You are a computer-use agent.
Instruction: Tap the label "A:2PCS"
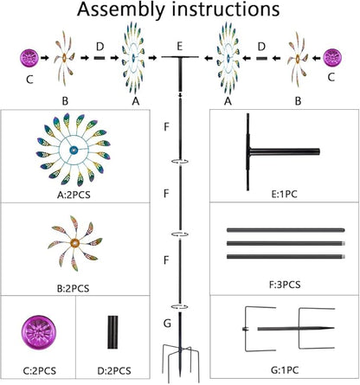[74, 195]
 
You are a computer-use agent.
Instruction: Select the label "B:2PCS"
[73, 288]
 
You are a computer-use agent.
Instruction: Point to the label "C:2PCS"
[39, 370]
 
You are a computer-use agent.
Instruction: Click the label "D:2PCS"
[114, 370]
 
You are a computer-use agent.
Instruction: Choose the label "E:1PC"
[285, 194]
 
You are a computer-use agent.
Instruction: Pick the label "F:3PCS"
[285, 285]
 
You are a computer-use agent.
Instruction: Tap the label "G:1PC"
[285, 369]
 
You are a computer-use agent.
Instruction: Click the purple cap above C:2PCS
[38, 332]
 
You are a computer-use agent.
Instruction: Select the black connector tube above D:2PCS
[112, 332]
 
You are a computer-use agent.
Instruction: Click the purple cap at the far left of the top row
[29, 57]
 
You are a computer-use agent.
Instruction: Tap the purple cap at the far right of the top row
[332, 57]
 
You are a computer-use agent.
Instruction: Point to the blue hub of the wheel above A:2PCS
[74, 150]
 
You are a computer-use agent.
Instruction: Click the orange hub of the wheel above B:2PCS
[75, 243]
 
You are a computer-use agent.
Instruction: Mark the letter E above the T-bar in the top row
[180, 46]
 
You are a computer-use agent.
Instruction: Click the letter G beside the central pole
[167, 324]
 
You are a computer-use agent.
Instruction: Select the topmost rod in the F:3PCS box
[286, 230]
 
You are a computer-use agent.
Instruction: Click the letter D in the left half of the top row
[100, 46]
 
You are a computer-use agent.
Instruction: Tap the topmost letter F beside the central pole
[166, 127]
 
